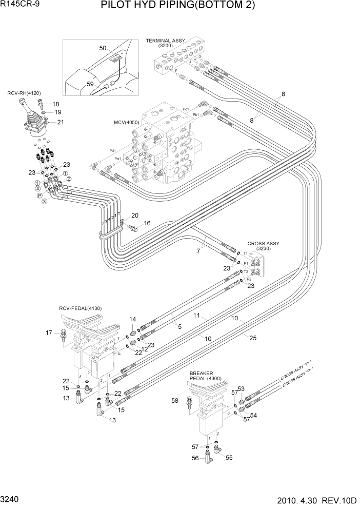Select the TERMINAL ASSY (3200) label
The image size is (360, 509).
tap(165, 43)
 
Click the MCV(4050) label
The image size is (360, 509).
tap(127, 123)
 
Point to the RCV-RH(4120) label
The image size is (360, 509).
tap(24, 93)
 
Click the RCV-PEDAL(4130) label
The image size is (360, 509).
tap(81, 308)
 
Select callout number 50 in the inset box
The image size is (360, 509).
tap(103, 48)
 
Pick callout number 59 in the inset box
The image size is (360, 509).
tap(90, 84)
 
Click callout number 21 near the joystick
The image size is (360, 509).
tap(60, 122)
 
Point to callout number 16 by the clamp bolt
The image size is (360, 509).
tap(147, 223)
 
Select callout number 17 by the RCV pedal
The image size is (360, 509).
tap(50, 333)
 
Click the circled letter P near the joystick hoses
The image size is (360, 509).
tap(39, 195)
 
